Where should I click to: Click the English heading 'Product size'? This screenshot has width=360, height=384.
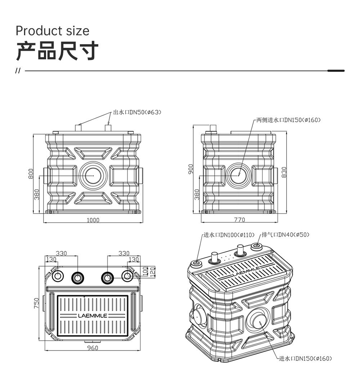(x=53, y=31)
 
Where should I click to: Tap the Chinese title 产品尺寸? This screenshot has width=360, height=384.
(x=57, y=51)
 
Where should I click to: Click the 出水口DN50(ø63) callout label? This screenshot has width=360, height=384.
(x=137, y=112)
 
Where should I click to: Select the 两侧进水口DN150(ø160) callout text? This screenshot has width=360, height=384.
(x=288, y=120)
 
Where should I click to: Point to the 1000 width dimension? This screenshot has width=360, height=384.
(x=93, y=220)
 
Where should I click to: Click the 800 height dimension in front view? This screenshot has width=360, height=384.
(x=31, y=174)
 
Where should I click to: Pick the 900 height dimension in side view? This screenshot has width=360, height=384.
(x=190, y=169)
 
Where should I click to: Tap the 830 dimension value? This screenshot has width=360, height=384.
(x=284, y=172)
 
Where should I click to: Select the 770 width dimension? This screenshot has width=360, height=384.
(x=239, y=220)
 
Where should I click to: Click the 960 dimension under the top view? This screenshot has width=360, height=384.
(x=93, y=348)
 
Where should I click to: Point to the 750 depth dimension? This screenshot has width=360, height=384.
(x=36, y=303)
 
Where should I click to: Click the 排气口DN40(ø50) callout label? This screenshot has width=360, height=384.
(x=285, y=235)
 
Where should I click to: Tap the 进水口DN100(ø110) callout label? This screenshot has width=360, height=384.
(x=229, y=235)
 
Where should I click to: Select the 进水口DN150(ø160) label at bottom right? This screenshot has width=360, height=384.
(x=305, y=358)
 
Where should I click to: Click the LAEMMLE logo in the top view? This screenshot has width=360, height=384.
(x=93, y=316)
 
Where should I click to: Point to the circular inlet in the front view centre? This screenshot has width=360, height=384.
(x=93, y=175)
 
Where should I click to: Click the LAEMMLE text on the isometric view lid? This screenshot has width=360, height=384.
(x=246, y=271)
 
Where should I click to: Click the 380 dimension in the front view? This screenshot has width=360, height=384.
(x=36, y=195)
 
